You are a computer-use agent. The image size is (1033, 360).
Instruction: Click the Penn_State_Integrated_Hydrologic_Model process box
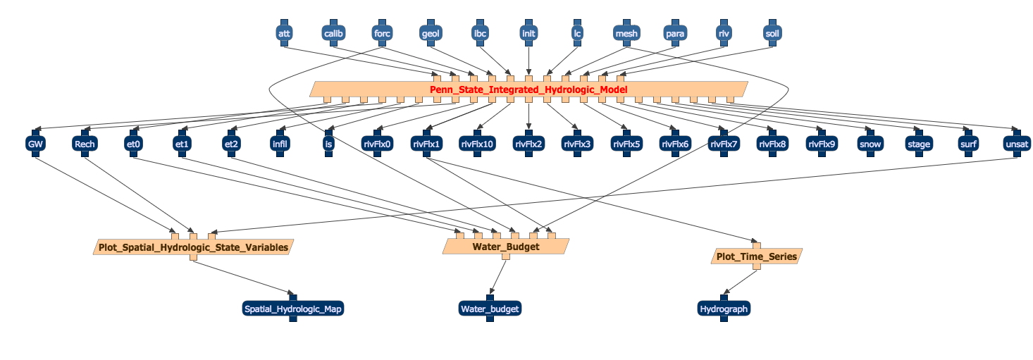click(528, 89)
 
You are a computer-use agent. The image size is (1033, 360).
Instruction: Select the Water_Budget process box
click(505, 247)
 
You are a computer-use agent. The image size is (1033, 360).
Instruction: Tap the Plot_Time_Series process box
click(757, 256)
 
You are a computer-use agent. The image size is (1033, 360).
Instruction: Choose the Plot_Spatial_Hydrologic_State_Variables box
click(193, 247)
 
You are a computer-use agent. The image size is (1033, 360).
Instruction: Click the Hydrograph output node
click(724, 309)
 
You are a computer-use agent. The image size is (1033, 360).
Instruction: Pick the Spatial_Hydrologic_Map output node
click(293, 309)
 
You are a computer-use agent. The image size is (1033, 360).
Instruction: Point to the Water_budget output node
click(490, 309)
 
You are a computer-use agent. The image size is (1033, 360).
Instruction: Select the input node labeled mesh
click(626, 33)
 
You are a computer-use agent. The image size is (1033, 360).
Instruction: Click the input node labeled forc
click(382, 33)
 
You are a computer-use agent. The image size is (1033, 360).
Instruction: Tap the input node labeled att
click(284, 33)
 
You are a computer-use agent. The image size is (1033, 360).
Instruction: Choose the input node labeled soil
click(772, 33)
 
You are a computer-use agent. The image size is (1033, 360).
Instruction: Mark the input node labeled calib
click(333, 33)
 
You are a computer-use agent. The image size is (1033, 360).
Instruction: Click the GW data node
click(35, 144)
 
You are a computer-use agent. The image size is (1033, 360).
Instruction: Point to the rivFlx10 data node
click(477, 144)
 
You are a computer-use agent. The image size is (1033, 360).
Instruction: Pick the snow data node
click(870, 144)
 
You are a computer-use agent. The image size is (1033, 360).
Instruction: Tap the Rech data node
click(84, 144)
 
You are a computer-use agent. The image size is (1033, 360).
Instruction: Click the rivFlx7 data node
click(724, 144)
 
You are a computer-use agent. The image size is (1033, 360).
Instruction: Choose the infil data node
click(279, 144)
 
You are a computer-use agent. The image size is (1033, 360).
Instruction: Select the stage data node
click(919, 144)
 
